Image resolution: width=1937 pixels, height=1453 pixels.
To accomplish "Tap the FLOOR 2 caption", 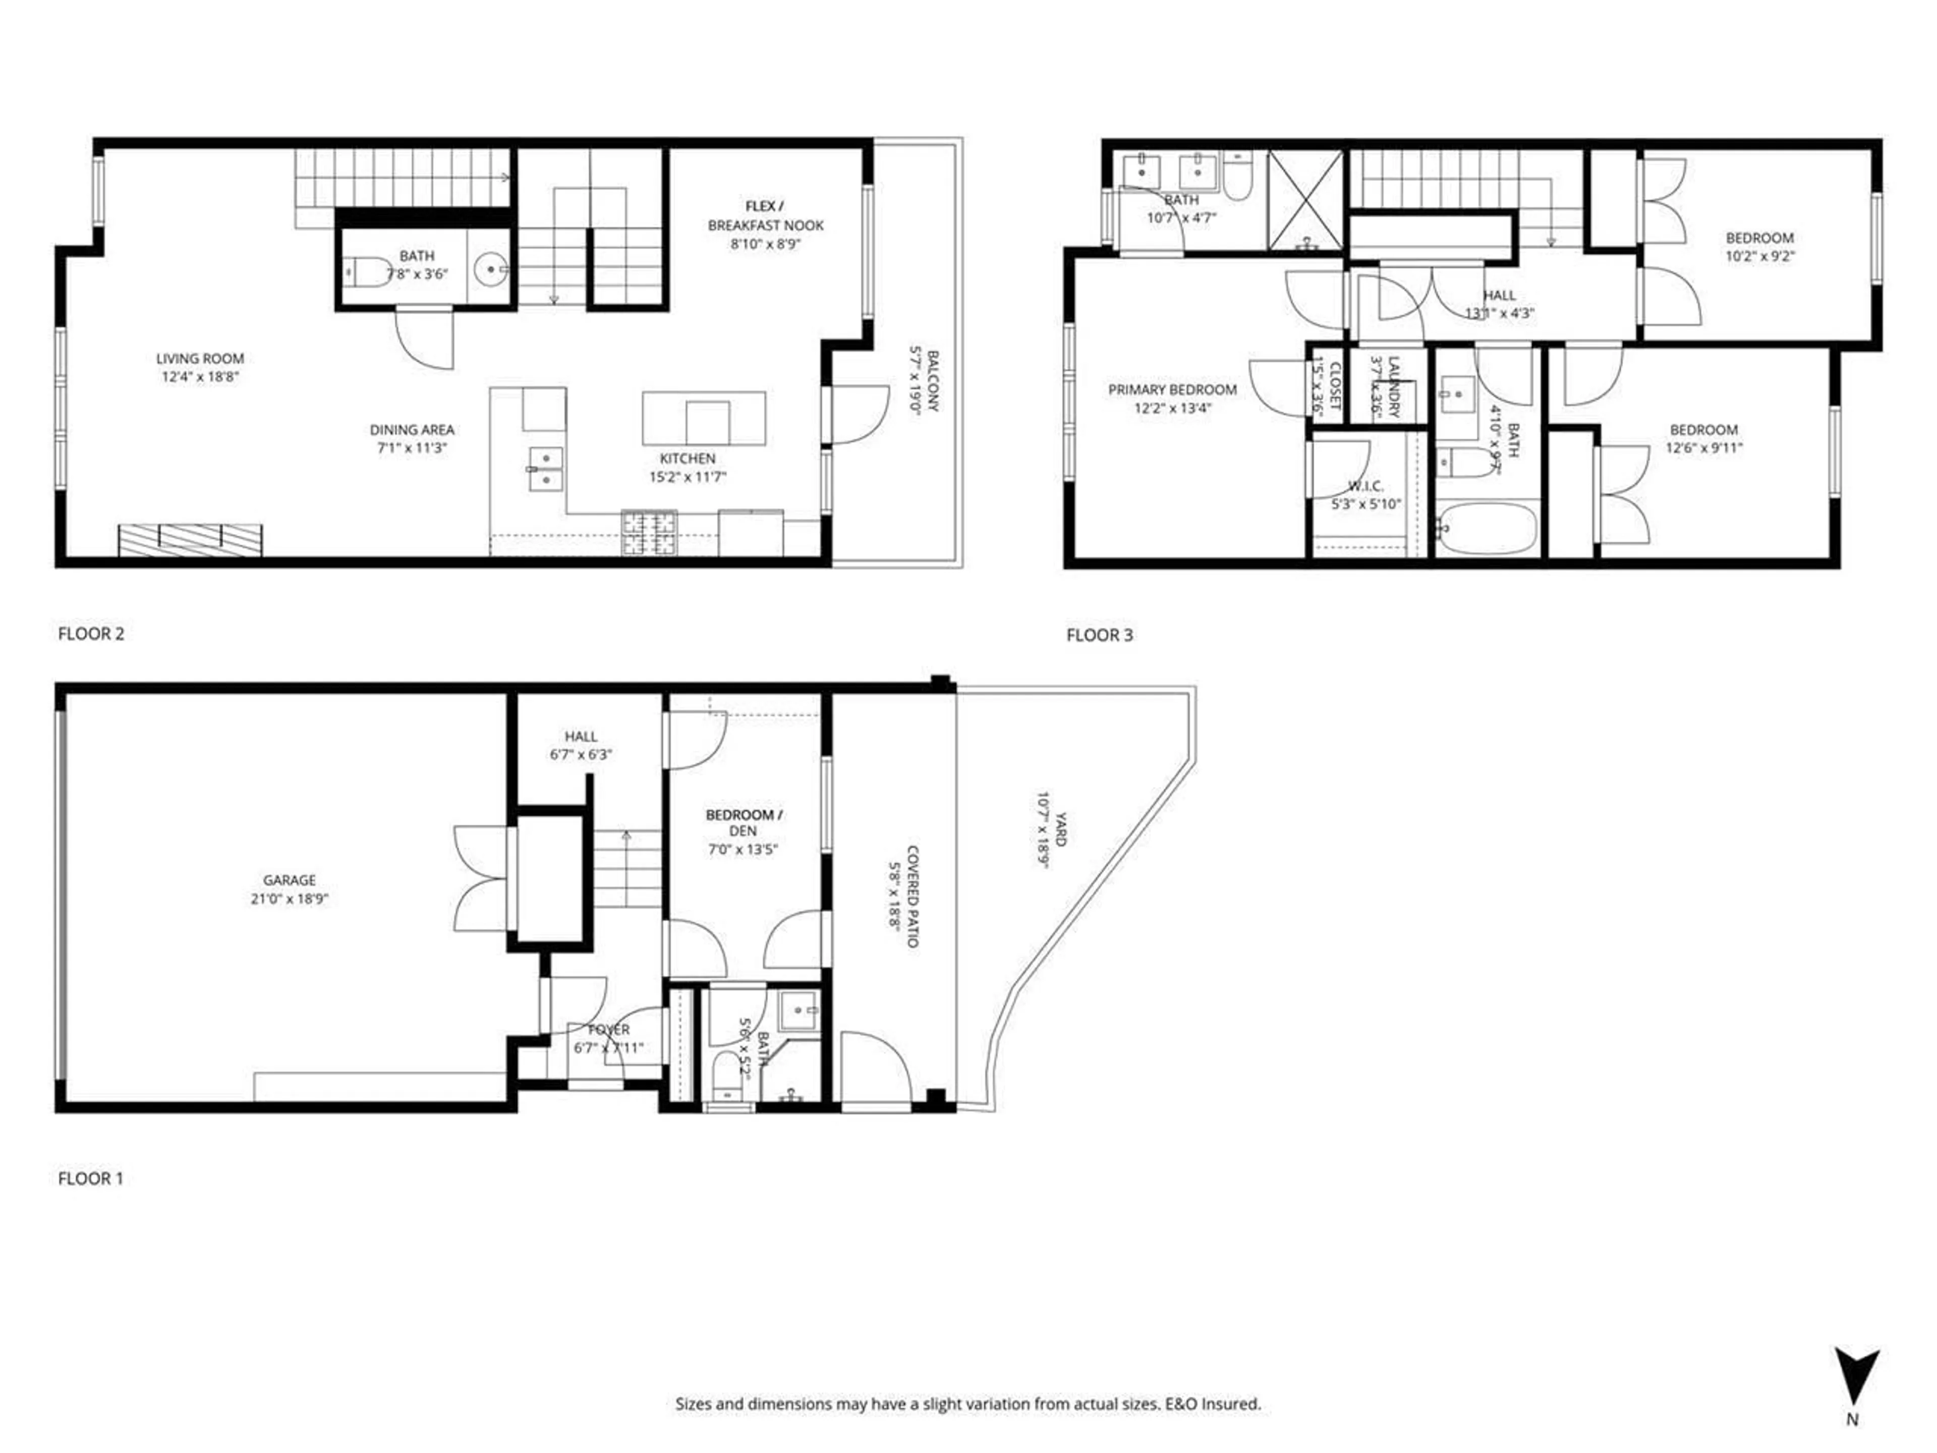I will (91, 633).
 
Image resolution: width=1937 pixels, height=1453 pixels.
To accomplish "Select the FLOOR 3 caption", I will (1099, 635).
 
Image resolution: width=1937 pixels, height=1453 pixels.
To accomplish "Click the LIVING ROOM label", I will (200, 358).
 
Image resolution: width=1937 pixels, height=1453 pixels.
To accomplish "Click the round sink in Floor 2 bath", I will (490, 270).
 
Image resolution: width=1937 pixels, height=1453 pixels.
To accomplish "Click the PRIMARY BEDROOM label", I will (1172, 390).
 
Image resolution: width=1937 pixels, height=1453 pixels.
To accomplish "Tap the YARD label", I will (1060, 828).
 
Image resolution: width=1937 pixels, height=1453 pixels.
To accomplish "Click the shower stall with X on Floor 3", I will (1305, 200).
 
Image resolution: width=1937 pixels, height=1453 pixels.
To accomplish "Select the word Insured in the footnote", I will (1232, 1404).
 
